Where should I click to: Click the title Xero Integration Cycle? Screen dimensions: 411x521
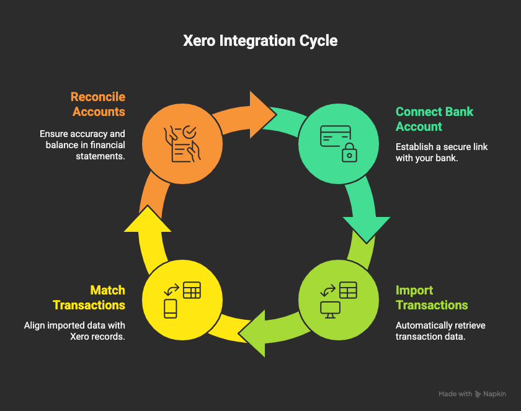click(x=260, y=41)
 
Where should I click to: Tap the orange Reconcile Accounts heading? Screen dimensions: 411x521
click(x=98, y=104)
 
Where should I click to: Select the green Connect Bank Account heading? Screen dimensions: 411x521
click(x=434, y=119)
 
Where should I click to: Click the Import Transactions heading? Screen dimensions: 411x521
click(x=432, y=298)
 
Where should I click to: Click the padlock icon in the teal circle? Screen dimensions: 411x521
click(x=350, y=151)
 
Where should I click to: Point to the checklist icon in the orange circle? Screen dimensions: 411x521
click(x=180, y=144)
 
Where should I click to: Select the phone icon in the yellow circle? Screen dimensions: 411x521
click(x=171, y=308)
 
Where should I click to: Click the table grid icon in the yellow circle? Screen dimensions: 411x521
click(x=192, y=290)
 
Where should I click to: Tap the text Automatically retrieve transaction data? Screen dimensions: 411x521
click(x=440, y=331)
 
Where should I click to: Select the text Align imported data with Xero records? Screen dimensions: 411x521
click(x=74, y=331)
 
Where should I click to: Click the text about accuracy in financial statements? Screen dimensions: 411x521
click(x=82, y=145)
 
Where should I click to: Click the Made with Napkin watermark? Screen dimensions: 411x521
click(x=473, y=394)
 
